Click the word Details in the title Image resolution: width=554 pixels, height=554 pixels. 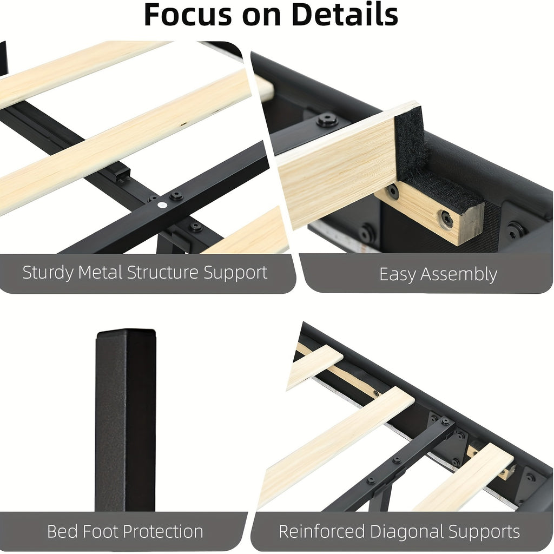click(x=345, y=15)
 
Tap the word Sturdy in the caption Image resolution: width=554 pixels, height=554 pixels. click(x=48, y=273)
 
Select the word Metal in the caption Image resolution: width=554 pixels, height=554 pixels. click(x=100, y=273)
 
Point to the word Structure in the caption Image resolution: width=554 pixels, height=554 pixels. click(x=163, y=273)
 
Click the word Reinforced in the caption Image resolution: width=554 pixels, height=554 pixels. click(x=322, y=531)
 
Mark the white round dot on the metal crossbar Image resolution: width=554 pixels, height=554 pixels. click(x=162, y=205)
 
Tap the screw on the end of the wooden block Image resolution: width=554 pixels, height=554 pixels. click(x=447, y=219)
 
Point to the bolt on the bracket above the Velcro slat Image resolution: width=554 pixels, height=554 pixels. click(x=327, y=120)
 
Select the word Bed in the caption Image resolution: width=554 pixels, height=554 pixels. click(x=63, y=531)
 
